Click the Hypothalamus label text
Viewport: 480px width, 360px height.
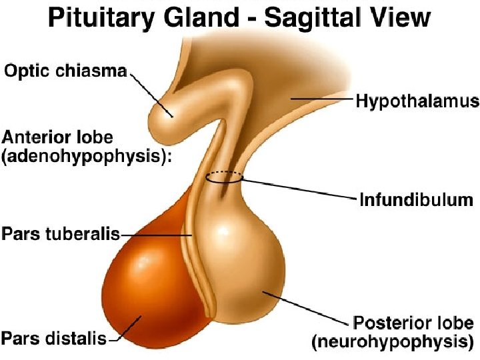tap(417, 101)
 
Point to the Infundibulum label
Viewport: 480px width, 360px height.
tap(415, 199)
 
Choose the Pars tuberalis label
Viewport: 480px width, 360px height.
tap(61, 235)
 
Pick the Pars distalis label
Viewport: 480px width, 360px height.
tap(54, 338)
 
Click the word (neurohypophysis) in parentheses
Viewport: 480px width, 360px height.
tap(395, 343)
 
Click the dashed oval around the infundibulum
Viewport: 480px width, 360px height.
tap(224, 177)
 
